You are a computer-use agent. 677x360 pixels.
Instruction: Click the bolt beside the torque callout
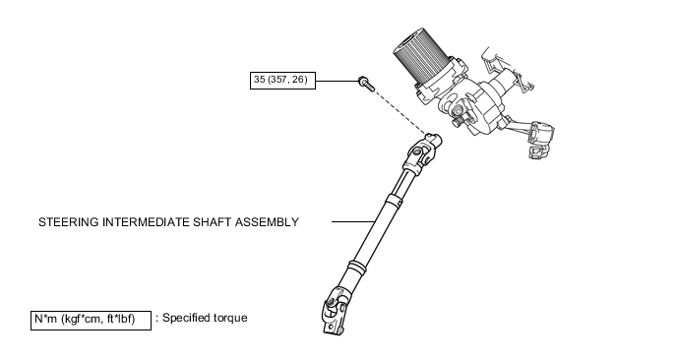(x=366, y=84)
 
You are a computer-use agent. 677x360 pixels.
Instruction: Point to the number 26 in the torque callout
(x=298, y=80)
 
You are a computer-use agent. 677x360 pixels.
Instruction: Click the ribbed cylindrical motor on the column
(x=419, y=56)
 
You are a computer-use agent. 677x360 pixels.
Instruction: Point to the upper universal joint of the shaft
(x=421, y=153)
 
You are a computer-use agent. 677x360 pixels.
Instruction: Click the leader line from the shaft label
(x=353, y=222)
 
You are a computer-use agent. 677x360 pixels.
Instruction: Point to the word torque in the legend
(x=230, y=318)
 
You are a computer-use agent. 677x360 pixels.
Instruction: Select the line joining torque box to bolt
(x=337, y=81)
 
